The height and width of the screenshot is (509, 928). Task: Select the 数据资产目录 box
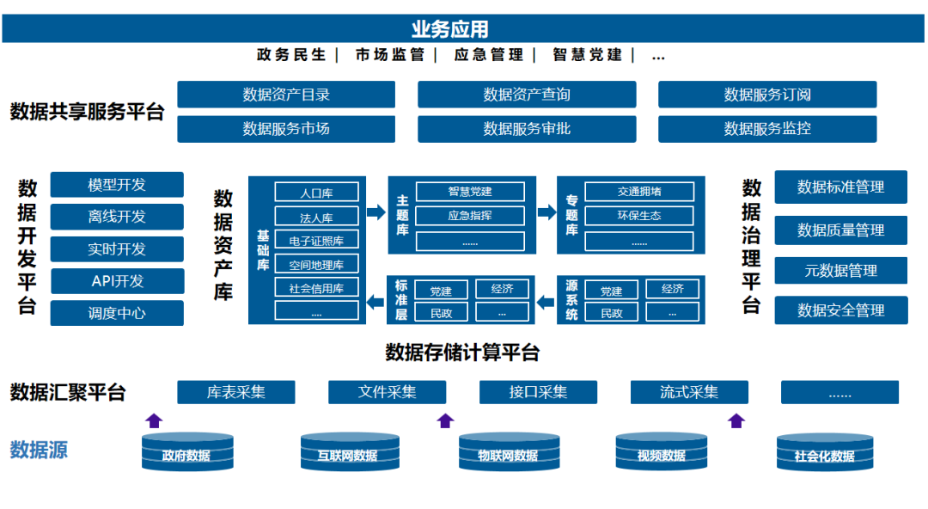pos(286,95)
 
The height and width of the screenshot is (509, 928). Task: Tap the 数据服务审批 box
pos(527,129)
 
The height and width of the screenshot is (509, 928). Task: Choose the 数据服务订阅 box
pos(767,95)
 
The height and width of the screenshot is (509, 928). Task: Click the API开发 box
pos(117,281)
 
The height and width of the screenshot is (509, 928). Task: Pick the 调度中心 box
pos(117,313)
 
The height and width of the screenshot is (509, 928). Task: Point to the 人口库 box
pos(316,193)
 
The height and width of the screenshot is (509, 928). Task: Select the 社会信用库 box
pos(316,288)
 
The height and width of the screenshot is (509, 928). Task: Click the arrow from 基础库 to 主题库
pos(376,212)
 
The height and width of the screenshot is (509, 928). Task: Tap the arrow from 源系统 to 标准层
pos(546,301)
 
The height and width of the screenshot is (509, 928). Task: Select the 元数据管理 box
pos(840,271)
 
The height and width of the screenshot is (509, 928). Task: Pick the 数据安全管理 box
pos(840,310)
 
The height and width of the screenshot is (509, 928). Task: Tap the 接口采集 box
pos(538,392)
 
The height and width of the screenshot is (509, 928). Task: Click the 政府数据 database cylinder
pos(187,452)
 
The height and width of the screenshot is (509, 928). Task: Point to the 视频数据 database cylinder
pos(662,452)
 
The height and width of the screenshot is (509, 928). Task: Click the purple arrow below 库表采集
pos(154,420)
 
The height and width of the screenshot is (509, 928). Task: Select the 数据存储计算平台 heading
pos(462,353)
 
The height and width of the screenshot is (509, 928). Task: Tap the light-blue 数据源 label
pos(39,449)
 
